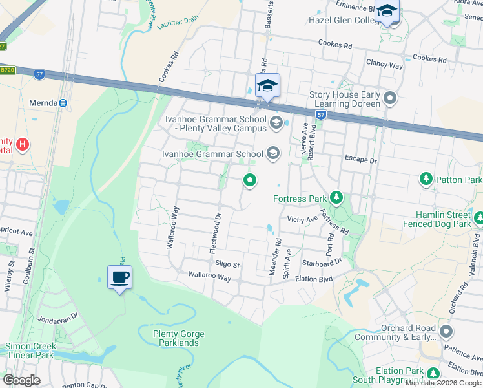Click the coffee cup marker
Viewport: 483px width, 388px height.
coord(119,278)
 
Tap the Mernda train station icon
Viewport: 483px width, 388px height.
coord(63,103)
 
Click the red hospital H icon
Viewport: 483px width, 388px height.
coord(23,143)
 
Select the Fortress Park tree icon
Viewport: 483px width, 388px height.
coord(335,197)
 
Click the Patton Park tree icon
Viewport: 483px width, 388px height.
coord(426,178)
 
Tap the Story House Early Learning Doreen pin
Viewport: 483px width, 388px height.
coord(389,99)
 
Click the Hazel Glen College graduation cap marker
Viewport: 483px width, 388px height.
coord(387,12)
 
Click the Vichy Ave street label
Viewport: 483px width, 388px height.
coord(302,219)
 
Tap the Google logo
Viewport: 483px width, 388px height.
coord(21,380)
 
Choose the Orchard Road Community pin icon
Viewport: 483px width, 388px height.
coord(446,332)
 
